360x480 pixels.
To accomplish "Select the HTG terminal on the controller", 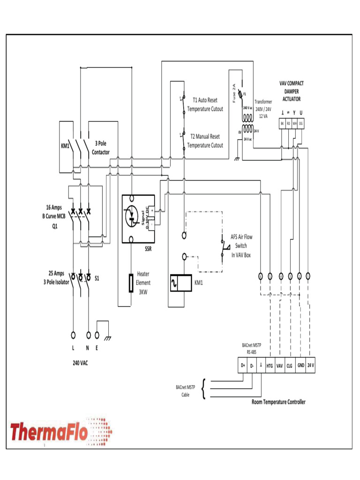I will [x=270, y=366].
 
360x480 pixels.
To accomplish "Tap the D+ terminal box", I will [x=243, y=366].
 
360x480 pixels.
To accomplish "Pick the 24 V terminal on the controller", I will [x=311, y=366].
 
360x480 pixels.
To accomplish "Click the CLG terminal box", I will [x=290, y=366].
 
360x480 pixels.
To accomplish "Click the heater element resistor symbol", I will [x=132, y=283].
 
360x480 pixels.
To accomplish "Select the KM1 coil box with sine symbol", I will [x=180, y=283].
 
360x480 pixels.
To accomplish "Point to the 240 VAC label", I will [x=80, y=363].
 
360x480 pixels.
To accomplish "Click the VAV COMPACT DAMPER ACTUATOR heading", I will [x=291, y=91].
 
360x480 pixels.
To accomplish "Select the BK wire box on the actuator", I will [x=282, y=123].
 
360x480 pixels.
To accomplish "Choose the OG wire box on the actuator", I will [x=300, y=123].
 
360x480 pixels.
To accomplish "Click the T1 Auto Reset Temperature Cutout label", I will [x=205, y=105].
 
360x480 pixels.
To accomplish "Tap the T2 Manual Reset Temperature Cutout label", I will [x=205, y=141].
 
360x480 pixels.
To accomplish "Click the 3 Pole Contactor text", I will [x=101, y=148].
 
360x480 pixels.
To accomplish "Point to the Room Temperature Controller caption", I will [x=278, y=402].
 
